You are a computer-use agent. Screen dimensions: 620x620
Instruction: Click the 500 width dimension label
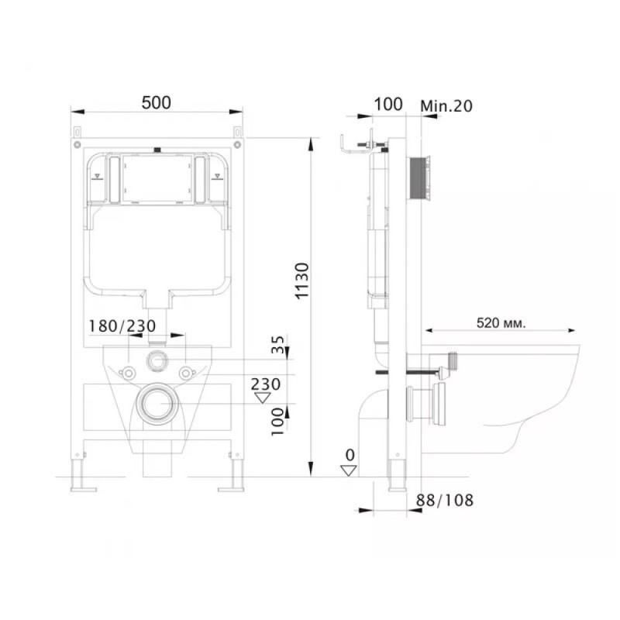[x=157, y=103]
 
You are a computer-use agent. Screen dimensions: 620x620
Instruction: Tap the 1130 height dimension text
[x=302, y=281]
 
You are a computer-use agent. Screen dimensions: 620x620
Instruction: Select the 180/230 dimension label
[x=122, y=326]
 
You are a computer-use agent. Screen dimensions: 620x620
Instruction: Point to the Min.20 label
[x=446, y=106]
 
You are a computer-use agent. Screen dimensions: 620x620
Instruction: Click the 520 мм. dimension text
[x=501, y=323]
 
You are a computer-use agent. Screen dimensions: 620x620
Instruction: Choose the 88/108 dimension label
[x=444, y=500]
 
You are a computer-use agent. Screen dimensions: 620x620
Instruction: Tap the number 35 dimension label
[x=278, y=344]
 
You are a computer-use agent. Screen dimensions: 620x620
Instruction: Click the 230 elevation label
[x=266, y=384]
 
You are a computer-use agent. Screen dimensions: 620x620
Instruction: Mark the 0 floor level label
[x=350, y=455]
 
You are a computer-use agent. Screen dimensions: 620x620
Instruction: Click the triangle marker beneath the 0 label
[x=349, y=470]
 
